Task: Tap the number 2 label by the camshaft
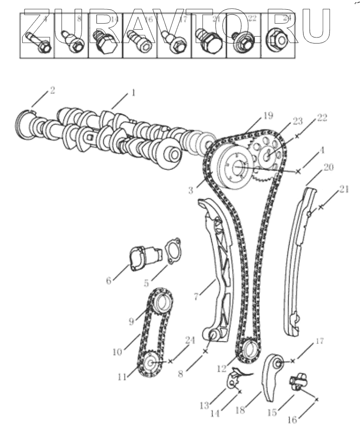tap(52, 90)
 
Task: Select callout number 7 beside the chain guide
tap(197, 296)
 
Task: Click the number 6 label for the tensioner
tap(109, 281)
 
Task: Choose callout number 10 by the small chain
tap(117, 352)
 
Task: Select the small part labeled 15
tap(297, 383)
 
